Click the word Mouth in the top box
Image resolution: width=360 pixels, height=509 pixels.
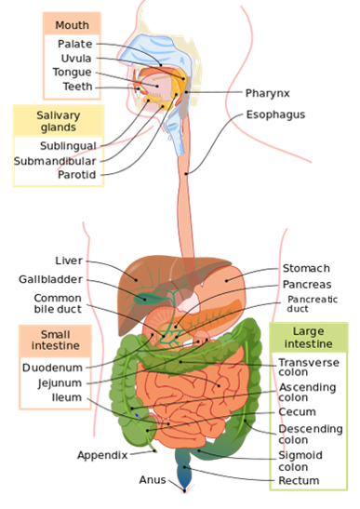[x=72, y=25]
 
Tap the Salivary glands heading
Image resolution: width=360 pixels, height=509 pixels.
[x=58, y=122]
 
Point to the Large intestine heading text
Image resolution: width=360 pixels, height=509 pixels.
[x=308, y=338]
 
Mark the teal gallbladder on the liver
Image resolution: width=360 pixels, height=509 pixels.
[x=147, y=299]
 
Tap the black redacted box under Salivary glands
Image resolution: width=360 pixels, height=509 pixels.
[x=58, y=160]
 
